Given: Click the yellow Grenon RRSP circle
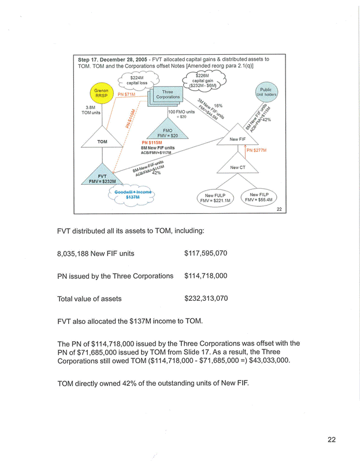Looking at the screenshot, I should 100,94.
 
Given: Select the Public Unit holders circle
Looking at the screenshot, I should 266,92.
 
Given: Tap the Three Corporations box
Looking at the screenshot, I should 168,95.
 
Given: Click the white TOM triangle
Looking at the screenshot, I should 102,139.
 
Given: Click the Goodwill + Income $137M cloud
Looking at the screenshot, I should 133,195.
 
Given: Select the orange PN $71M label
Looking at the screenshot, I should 127,94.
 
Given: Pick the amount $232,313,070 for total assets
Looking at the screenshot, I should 206,299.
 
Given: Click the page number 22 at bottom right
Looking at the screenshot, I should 332,440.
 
